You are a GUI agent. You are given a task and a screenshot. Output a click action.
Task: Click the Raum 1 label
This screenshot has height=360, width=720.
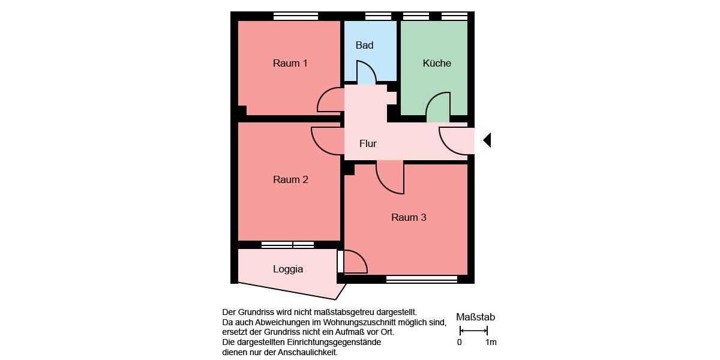[290, 63]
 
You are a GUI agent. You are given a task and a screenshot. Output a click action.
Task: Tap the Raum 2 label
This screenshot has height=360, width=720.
[290, 179]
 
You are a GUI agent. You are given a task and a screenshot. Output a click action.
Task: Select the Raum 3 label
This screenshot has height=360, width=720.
[409, 217]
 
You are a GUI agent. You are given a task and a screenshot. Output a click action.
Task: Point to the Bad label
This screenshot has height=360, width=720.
[364, 46]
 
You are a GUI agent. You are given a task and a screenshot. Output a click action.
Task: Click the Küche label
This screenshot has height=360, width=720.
[437, 63]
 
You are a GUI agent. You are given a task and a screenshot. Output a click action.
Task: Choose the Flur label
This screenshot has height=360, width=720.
[368, 143]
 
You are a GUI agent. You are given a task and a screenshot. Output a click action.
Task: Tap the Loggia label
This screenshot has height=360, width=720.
[288, 269]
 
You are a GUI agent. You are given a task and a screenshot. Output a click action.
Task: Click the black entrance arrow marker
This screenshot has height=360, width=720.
[487, 140]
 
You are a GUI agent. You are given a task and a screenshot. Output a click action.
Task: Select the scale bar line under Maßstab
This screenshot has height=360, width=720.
[473, 331]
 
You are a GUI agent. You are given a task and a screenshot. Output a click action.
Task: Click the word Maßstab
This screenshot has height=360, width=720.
[475, 317]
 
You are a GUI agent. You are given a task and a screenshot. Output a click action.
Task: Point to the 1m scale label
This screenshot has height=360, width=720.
[491, 343]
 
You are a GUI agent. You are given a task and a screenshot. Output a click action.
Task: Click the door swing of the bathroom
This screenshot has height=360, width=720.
[366, 71]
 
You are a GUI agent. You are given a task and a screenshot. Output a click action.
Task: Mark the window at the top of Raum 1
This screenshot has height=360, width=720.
[295, 16]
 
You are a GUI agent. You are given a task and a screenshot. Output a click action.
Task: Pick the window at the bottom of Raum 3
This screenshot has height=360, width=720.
[422, 279]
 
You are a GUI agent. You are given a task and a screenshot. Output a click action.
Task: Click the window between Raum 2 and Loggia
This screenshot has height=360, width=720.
[287, 245]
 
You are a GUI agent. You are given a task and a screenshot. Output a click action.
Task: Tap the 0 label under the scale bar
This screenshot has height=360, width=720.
[460, 343]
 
